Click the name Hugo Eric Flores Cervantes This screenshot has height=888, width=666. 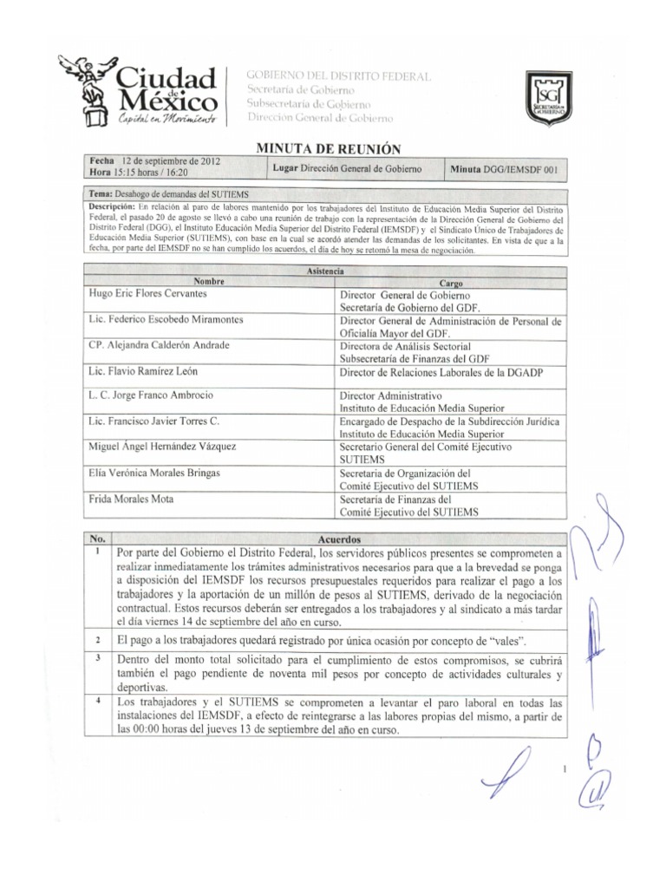pyautogui.click(x=156, y=295)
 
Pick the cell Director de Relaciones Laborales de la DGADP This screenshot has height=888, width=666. pyautogui.click(x=447, y=371)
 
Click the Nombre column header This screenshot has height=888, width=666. pyautogui.click(x=209, y=282)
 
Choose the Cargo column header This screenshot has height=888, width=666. pyautogui.click(x=451, y=283)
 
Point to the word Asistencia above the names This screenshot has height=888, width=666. pyautogui.click(x=325, y=271)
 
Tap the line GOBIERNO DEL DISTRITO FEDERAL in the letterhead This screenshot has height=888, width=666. pyautogui.click(x=338, y=77)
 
